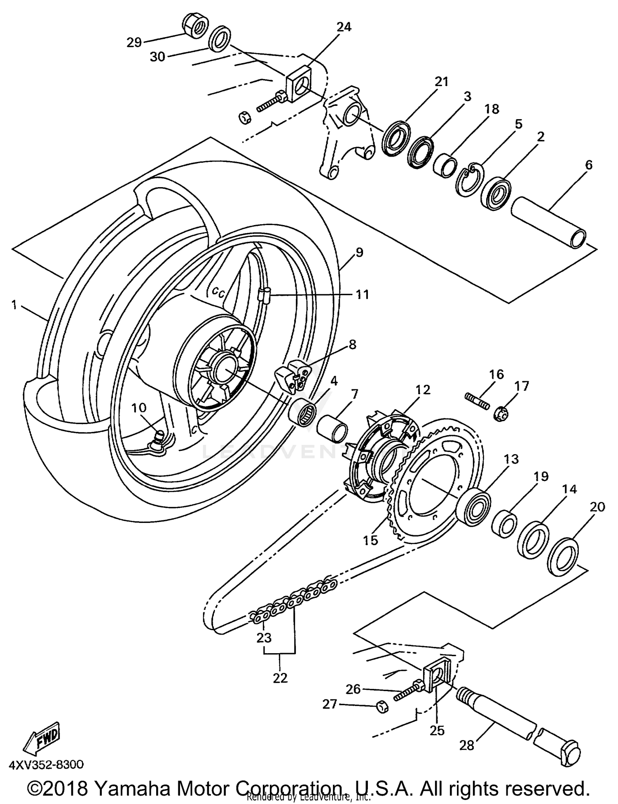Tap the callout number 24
tap(344, 27)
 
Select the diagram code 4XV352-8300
tap(46, 765)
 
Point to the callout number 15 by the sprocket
tap(370, 540)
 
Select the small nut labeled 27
tap(383, 707)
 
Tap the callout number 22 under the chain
tap(280, 678)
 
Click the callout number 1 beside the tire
tap(14, 305)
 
